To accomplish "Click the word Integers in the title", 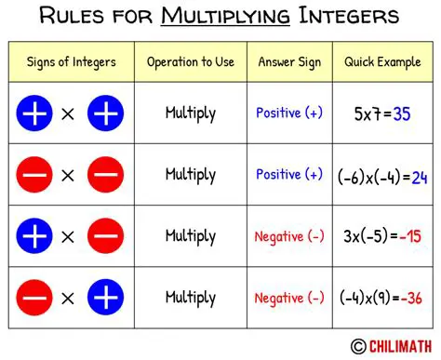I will tap(349, 17).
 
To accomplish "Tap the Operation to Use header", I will tap(191, 63).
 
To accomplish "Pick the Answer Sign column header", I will tap(289, 63).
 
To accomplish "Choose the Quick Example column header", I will tap(381, 63).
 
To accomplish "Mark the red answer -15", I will tap(408, 237).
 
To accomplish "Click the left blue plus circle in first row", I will tap(34, 114).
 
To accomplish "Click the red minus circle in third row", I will tap(105, 237).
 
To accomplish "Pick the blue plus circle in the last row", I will tap(105, 299).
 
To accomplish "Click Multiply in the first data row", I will tap(191, 114).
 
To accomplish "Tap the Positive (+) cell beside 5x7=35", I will tap(289, 113).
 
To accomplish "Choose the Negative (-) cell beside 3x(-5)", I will tap(289, 236).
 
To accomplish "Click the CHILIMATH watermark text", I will tap(400, 346).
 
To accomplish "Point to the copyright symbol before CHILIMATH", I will tap(358, 346).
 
